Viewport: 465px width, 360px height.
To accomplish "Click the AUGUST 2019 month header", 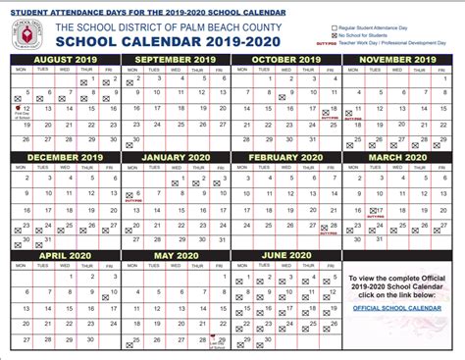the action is (61, 59).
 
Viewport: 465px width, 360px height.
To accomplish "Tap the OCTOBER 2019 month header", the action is (286, 59).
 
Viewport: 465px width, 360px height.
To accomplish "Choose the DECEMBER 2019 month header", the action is (61, 157).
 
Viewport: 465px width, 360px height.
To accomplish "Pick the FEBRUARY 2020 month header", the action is (286, 157).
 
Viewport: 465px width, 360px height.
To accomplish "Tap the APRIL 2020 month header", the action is (61, 255).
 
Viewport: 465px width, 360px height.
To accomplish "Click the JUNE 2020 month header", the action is (286, 255).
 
